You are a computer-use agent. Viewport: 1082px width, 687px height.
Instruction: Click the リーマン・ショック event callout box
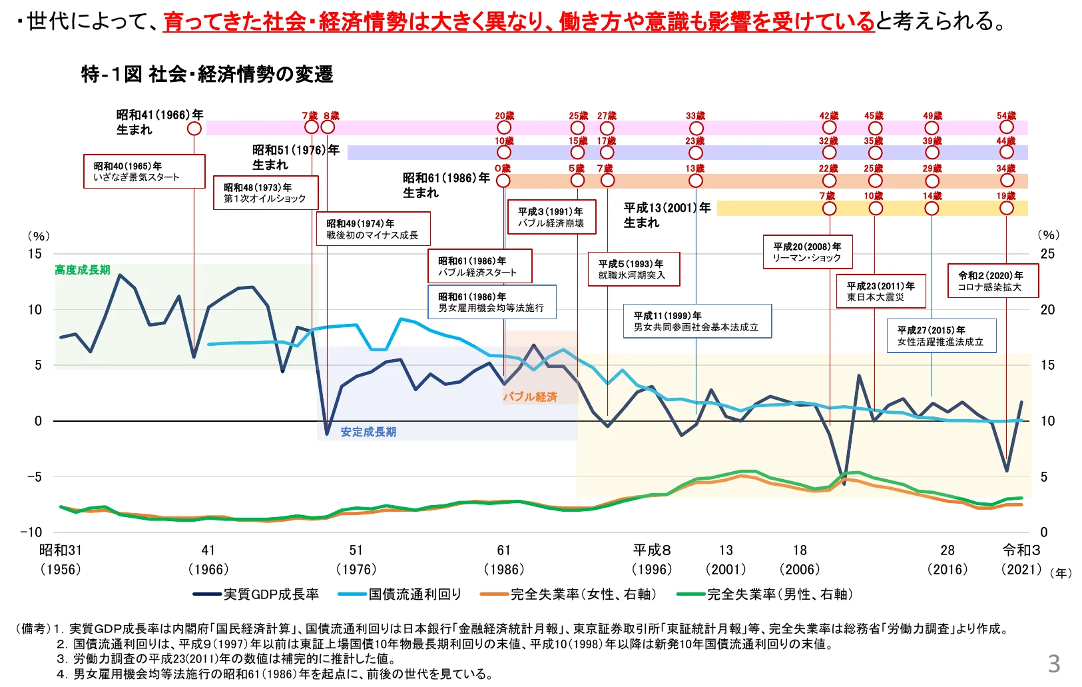[807, 252]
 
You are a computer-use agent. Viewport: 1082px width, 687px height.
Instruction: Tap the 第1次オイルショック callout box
[265, 193]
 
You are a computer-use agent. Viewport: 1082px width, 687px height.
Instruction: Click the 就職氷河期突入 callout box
[633, 269]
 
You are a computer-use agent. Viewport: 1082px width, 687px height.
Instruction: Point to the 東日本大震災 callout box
[880, 291]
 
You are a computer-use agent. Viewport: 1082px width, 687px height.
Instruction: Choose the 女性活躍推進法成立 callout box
[941, 336]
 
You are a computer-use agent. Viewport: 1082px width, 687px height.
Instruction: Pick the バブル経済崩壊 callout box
[551, 217]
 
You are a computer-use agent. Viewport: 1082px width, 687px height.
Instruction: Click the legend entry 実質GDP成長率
[256, 594]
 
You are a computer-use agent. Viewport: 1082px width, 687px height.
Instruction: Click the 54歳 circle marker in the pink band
[1006, 127]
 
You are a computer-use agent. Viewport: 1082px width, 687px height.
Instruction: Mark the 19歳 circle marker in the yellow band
[1006, 209]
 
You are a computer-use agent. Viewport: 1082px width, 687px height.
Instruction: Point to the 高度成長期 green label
[83, 270]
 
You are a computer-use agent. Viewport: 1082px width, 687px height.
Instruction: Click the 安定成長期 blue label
[368, 432]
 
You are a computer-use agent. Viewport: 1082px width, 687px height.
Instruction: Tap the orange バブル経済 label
[530, 396]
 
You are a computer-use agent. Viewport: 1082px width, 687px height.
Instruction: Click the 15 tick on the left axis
[35, 254]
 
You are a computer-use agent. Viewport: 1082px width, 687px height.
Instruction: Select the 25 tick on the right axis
[1047, 254]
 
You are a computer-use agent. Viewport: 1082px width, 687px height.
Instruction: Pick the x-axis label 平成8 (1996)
[652, 559]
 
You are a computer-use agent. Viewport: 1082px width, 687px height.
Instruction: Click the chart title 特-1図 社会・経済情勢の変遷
[206, 74]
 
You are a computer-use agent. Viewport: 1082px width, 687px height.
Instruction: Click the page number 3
[1054, 664]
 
